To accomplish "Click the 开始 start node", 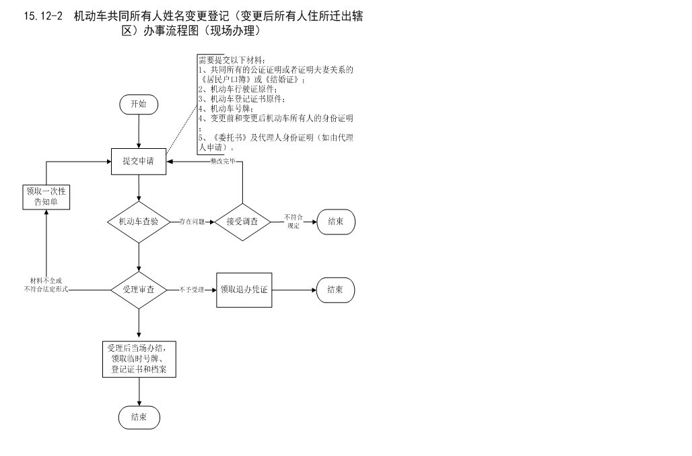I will tap(138, 104).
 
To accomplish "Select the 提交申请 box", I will tap(138, 162).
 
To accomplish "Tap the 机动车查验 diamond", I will tap(138, 221).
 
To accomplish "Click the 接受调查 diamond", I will tap(242, 221).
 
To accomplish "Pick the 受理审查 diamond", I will tap(138, 290).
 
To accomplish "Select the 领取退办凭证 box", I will tap(244, 290).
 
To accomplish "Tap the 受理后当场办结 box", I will tap(138, 359).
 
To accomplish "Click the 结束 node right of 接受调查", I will tap(335, 221).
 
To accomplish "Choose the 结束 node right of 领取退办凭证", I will tap(335, 290).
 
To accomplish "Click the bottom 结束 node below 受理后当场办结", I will tap(139, 417).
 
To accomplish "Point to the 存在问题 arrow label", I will tap(192, 221).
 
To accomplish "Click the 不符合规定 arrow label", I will tap(293, 221).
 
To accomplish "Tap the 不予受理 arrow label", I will tap(192, 290).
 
